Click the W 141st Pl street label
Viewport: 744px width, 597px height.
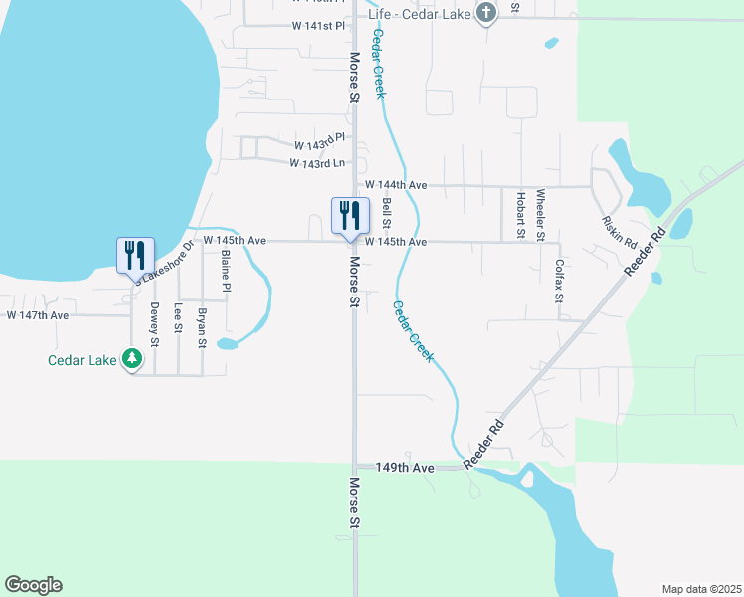pyautogui.click(x=317, y=26)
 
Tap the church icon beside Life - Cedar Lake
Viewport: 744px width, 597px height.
pyautogui.click(x=486, y=13)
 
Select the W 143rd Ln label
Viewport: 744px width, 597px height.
pyautogui.click(x=317, y=163)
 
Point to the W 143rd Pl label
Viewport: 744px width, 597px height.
pyautogui.click(x=317, y=137)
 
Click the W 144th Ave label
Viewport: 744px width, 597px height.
pyautogui.click(x=395, y=185)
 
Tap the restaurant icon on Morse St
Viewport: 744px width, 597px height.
pyautogui.click(x=349, y=216)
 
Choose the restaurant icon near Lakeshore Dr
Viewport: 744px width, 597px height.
pyautogui.click(x=135, y=254)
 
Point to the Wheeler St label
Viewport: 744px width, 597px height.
pyautogui.click(x=541, y=215)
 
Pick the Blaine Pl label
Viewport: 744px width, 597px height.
pyautogui.click(x=227, y=271)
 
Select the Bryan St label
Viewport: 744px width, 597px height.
pyautogui.click(x=202, y=327)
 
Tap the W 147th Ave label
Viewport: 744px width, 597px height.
pyautogui.click(x=37, y=315)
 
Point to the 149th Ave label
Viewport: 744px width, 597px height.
pyautogui.click(x=406, y=467)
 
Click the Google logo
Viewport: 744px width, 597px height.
pyautogui.click(x=33, y=585)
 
